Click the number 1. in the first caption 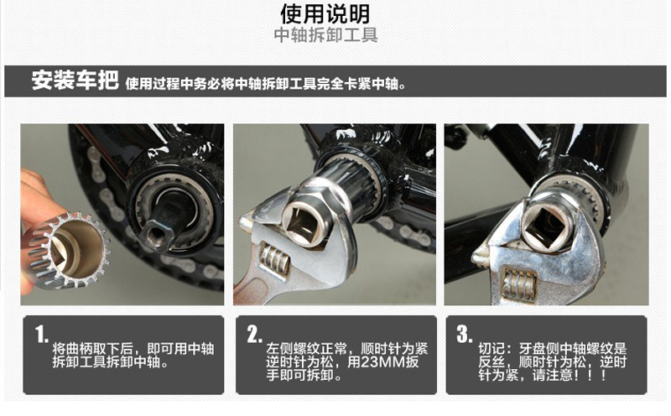click(x=41, y=335)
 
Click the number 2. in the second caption click(x=253, y=335)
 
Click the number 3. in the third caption click(x=464, y=335)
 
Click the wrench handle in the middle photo click(x=252, y=289)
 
